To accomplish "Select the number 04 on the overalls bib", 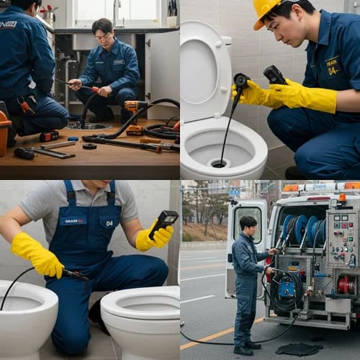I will click(109, 223).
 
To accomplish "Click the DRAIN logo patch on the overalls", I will click(74, 221).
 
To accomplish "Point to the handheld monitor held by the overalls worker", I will click(163, 221).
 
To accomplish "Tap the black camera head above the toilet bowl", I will click(240, 81).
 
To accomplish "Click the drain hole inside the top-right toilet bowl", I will click(219, 164).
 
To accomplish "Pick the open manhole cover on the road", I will click(299, 348).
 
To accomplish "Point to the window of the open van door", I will click(247, 225).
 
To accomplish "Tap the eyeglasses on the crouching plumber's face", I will click(103, 37).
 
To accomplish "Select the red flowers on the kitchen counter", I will click(49, 10).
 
